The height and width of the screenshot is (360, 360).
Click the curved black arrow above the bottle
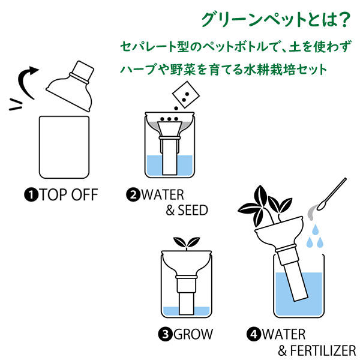[29, 78]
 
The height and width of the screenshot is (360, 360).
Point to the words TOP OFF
[68, 195]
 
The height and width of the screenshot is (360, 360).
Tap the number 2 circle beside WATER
[133, 195]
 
